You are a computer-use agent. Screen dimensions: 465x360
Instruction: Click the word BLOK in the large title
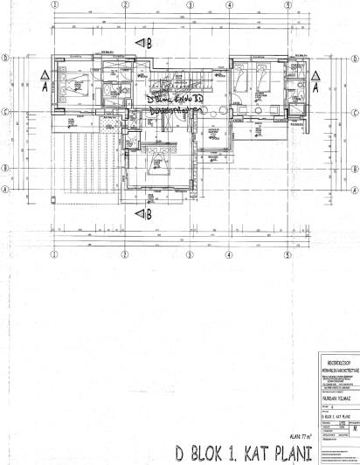point(212,454)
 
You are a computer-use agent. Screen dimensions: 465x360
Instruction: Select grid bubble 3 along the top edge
point(190,5)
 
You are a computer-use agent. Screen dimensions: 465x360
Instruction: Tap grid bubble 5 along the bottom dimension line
point(287,255)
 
